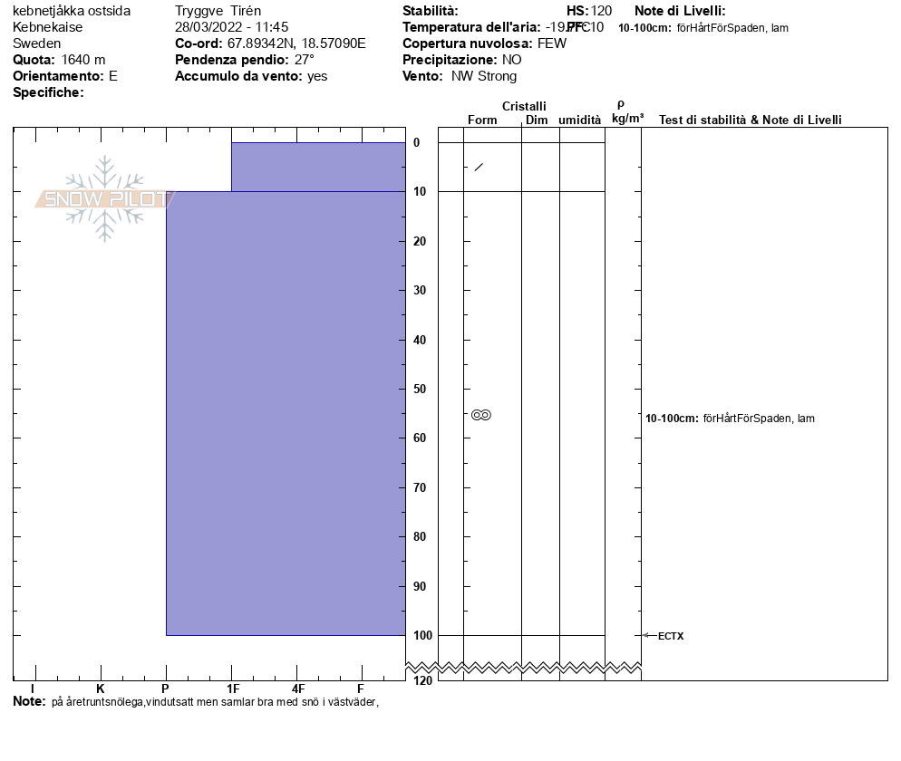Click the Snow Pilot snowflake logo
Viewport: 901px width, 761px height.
point(105,198)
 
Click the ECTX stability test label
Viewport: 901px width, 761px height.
point(671,636)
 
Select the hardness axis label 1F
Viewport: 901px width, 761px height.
point(232,689)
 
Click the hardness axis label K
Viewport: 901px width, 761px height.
point(101,689)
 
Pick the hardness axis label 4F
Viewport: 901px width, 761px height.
point(297,689)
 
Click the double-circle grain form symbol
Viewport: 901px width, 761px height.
point(481,415)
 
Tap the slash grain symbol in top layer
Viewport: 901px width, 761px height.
point(479,167)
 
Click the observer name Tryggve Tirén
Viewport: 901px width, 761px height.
point(218,11)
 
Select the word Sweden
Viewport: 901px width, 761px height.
point(36,43)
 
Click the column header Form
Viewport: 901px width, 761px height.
point(482,120)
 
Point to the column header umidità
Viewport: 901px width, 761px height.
point(579,120)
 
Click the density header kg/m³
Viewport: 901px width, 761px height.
point(627,119)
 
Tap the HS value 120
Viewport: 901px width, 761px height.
point(601,11)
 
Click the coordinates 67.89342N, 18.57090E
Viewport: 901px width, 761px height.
point(296,43)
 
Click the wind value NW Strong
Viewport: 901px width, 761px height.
point(484,76)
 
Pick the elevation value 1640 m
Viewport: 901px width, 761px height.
point(83,60)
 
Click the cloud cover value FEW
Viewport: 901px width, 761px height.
point(551,43)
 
